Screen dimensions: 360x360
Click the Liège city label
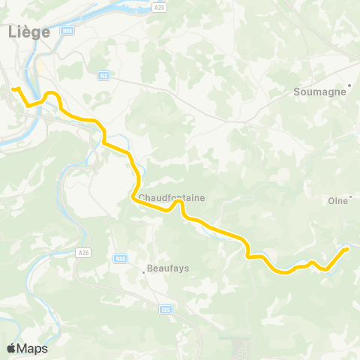point(28,31)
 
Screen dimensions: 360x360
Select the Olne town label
point(338,200)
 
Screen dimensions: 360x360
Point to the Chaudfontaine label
point(172,197)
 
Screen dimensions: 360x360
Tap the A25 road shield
point(160,7)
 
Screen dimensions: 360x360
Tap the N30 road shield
point(120,259)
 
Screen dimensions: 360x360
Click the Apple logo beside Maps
point(11,348)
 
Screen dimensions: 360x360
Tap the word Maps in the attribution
point(32,349)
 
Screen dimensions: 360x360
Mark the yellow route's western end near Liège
point(14,89)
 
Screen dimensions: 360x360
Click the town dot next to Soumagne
point(349,85)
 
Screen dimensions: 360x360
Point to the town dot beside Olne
point(350,197)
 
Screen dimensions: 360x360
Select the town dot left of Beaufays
point(144,271)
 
